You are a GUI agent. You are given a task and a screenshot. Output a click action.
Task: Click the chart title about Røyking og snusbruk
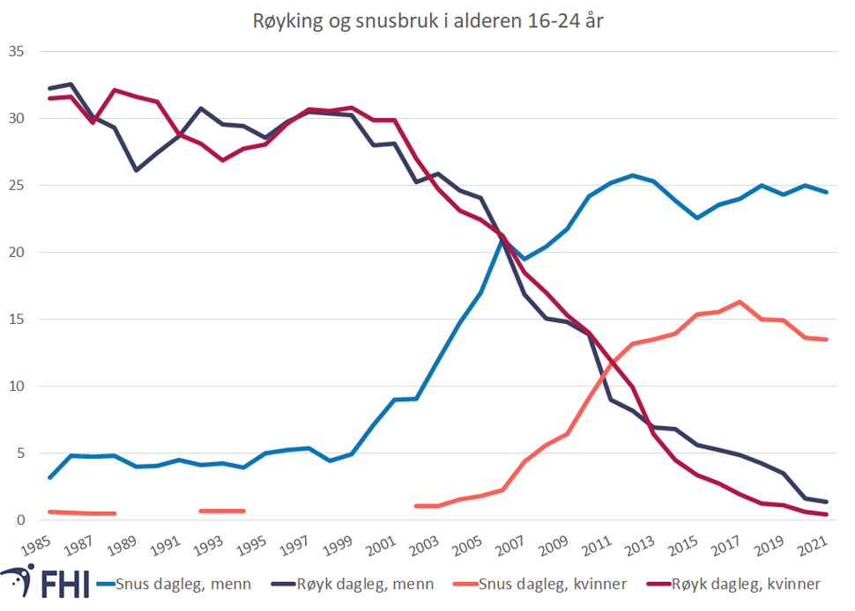point(427,22)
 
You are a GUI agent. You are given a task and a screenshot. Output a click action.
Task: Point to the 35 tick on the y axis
point(16,52)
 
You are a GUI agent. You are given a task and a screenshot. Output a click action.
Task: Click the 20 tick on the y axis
point(16,253)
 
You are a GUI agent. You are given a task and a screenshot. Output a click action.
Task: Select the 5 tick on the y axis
point(19,453)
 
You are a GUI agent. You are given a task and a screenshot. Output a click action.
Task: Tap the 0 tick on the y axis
point(19,520)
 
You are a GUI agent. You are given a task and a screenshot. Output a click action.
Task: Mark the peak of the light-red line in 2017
point(740,302)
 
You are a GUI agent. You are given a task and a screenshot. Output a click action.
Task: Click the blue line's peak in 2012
point(632,175)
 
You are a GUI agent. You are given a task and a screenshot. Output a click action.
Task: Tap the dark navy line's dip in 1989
point(135,170)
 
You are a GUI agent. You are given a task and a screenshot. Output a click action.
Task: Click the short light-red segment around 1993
point(221,511)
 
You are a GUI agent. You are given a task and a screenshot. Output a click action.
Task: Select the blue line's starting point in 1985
point(49,477)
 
